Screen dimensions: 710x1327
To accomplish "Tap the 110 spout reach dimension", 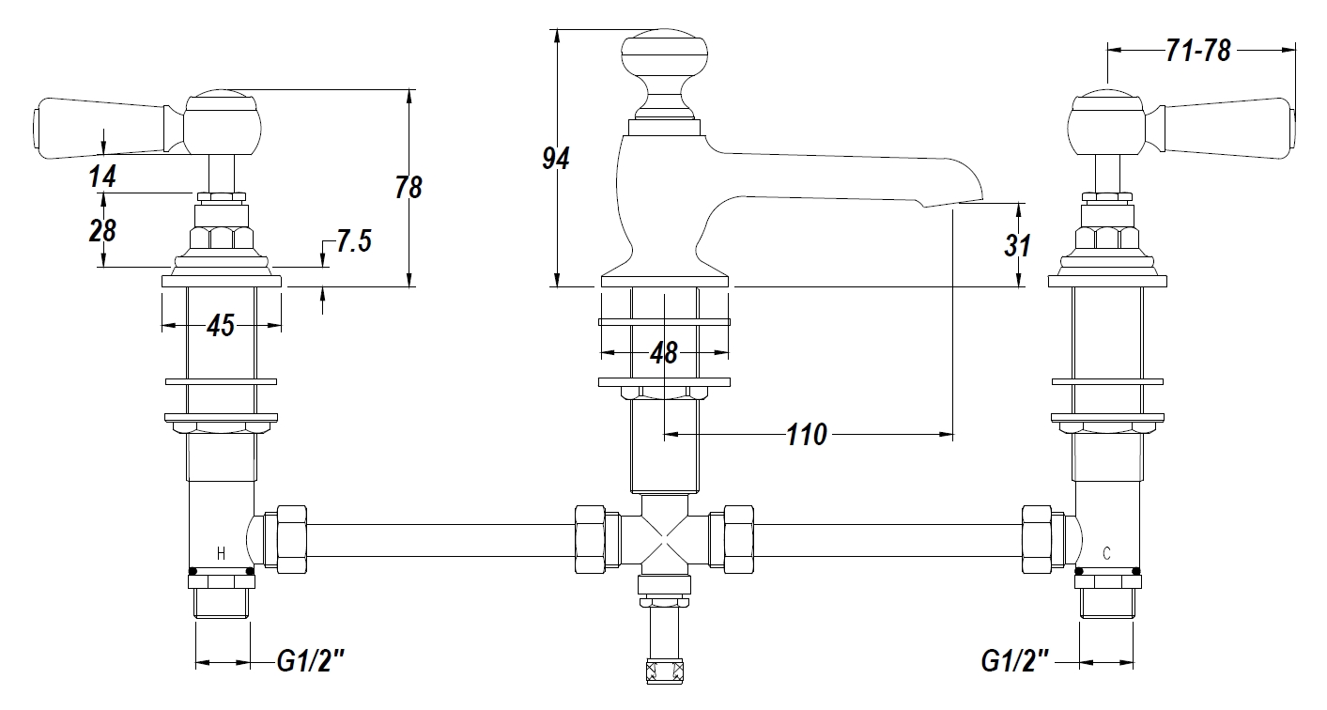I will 807,435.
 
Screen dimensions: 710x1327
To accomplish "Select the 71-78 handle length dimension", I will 1197,51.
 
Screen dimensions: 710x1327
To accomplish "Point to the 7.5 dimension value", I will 353,241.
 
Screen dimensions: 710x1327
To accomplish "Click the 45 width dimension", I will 220,326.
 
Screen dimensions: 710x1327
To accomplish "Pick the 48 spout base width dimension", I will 664,353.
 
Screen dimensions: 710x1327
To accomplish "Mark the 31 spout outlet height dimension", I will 1017,246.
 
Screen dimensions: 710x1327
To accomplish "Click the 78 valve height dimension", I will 408,187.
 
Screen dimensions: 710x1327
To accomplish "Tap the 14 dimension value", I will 103,176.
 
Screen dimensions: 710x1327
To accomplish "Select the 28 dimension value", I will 102,230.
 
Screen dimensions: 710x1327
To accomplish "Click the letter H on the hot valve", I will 221,553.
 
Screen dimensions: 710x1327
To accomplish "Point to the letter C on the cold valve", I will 1106,553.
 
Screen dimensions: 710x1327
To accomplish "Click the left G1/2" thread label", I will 311,663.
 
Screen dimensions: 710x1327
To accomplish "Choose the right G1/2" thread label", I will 1014,663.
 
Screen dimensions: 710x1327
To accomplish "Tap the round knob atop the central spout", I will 664,54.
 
